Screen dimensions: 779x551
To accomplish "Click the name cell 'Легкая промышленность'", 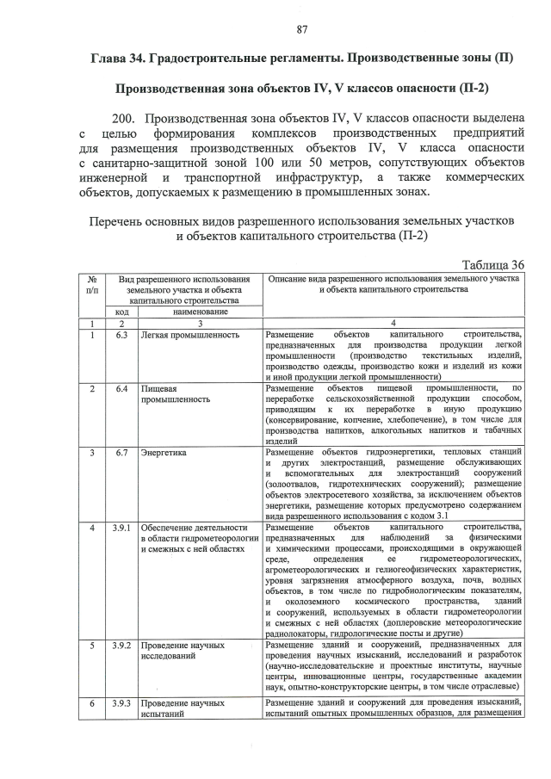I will pos(190,334).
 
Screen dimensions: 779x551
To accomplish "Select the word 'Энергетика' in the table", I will pos(164,451).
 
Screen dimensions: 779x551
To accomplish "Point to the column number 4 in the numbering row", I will pos(393,324).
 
